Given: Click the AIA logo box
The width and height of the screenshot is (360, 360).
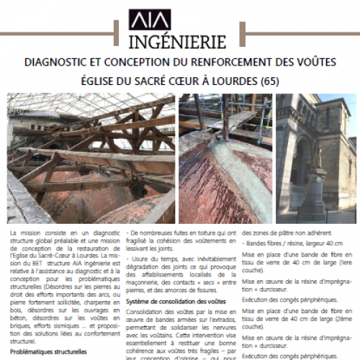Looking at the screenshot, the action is pyautogui.click(x=149, y=19).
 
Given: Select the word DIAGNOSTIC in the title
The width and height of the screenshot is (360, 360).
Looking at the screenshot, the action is pyautogui.click(x=60, y=63).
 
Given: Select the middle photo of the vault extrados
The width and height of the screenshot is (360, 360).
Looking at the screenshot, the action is pyautogui.click(x=225, y=158).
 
